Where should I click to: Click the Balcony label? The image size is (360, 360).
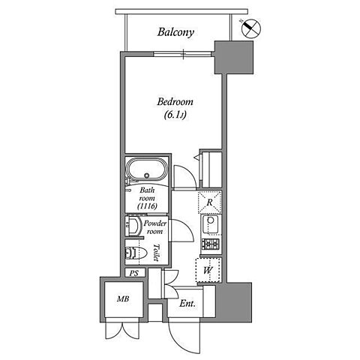point(175,32)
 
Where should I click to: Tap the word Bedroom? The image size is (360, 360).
point(175,102)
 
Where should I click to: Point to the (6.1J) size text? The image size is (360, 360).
point(175,115)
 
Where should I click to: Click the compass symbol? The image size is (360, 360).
point(251,28)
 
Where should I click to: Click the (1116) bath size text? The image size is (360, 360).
point(147,206)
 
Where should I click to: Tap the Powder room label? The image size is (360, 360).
point(155,227)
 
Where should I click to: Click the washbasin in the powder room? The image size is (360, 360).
point(133,226)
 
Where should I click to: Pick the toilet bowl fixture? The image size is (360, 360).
point(136,253)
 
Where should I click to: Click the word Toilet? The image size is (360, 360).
point(157,253)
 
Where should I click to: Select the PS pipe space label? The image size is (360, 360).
point(134,273)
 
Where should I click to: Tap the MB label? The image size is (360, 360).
point(123,298)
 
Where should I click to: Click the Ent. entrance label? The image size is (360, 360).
point(187,304)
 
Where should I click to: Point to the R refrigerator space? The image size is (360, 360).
point(210,202)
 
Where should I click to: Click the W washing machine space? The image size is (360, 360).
point(208,270)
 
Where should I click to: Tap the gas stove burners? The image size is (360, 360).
point(211,244)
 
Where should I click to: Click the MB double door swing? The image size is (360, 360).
point(122,329)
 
